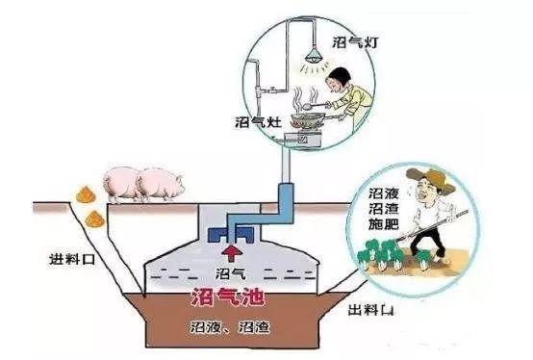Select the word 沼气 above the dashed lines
(230, 272)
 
